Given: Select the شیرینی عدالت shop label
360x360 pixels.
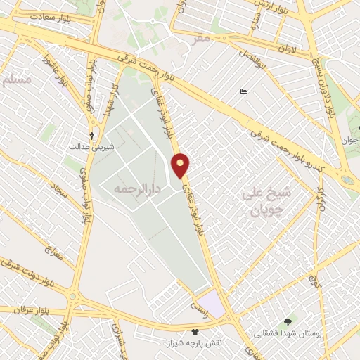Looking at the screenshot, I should click(x=86, y=148).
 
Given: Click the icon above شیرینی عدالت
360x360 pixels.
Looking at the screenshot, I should click(x=91, y=135).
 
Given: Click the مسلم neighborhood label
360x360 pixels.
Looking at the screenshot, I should click(x=18, y=80).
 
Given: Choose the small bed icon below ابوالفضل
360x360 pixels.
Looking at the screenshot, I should click(x=243, y=91).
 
